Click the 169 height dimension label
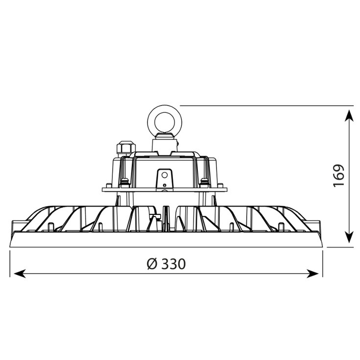click(x=339, y=175)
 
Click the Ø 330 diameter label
click(x=166, y=264)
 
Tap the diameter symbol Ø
click(x=152, y=264)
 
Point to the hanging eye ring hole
click(x=165, y=122)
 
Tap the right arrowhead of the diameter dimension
click(x=313, y=274)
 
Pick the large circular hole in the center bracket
click(x=165, y=175)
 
